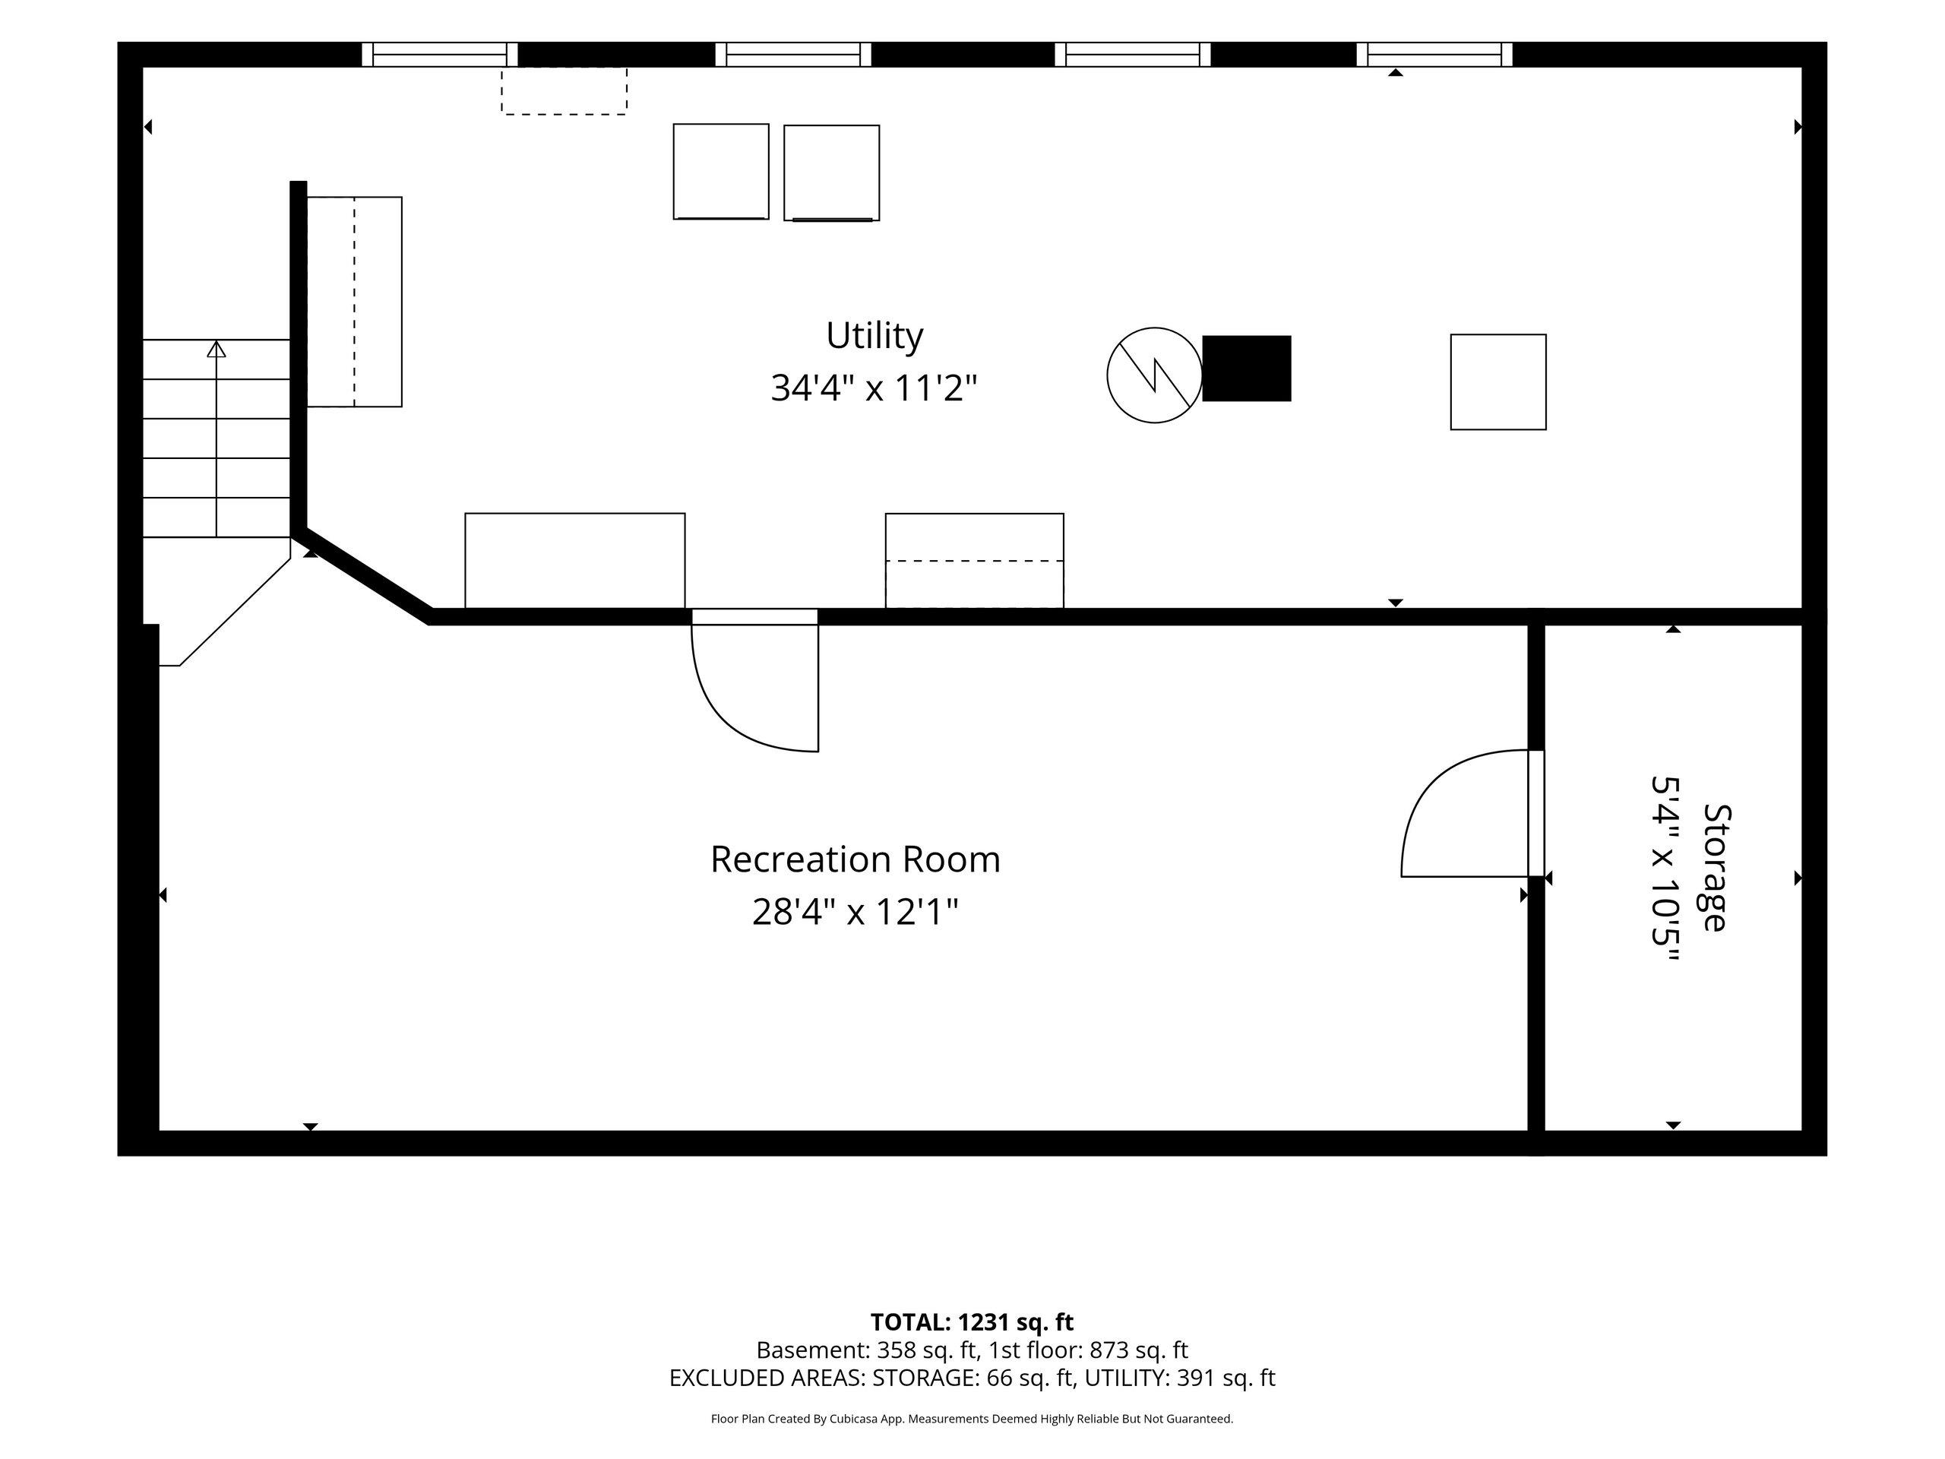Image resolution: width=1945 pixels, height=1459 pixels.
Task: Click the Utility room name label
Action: pyautogui.click(x=874, y=335)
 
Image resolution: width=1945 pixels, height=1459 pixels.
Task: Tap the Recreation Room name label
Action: pyautogui.click(x=855, y=859)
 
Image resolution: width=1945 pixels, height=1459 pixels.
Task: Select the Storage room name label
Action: pyautogui.click(x=1716, y=867)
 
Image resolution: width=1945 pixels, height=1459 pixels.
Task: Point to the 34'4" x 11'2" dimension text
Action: pyautogui.click(x=874, y=387)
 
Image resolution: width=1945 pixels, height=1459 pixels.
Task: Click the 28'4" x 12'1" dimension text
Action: pyautogui.click(x=855, y=911)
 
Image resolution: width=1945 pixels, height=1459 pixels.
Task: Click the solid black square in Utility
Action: pyautogui.click(x=1246, y=369)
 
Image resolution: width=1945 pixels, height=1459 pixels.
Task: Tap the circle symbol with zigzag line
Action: pyautogui.click(x=1153, y=375)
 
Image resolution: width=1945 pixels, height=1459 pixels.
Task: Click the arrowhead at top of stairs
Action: pyautogui.click(x=217, y=349)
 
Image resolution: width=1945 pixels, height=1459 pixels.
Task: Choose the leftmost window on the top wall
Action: pyautogui.click(x=440, y=55)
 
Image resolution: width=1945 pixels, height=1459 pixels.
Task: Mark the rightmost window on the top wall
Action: pyautogui.click(x=1434, y=55)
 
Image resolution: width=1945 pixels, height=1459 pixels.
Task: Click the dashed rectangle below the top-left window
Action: pyautogui.click(x=564, y=90)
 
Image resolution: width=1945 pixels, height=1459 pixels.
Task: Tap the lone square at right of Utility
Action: pyautogui.click(x=1498, y=381)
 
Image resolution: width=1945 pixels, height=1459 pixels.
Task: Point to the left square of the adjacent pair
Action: pyautogui.click(x=721, y=172)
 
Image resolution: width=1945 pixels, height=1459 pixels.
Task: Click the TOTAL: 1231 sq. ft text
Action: pyautogui.click(x=972, y=1321)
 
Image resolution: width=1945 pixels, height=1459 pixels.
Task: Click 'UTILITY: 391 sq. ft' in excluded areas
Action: pyautogui.click(x=1179, y=1378)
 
